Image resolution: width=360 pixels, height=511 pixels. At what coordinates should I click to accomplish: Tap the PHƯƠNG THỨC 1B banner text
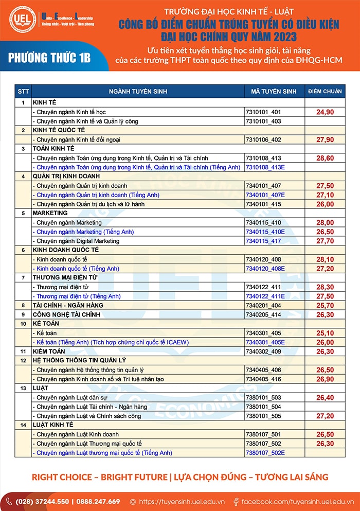(x=49, y=57)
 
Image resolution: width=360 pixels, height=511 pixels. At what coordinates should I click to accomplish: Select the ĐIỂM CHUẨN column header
(x=325, y=92)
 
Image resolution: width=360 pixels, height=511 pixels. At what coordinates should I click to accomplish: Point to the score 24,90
(x=325, y=112)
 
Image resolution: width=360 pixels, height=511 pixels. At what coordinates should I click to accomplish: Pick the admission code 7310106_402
(x=264, y=139)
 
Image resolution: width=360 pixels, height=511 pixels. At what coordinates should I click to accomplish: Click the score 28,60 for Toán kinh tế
(x=325, y=158)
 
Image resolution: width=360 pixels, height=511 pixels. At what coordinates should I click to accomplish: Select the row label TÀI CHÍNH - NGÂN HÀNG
(x=68, y=305)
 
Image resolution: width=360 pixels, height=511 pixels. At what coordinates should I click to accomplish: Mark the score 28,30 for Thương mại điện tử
(x=325, y=287)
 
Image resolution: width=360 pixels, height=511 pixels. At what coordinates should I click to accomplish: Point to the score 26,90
(x=325, y=379)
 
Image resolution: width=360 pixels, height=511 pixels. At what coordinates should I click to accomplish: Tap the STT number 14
(x=23, y=425)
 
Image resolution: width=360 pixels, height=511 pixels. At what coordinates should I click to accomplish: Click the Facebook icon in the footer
(x=236, y=501)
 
